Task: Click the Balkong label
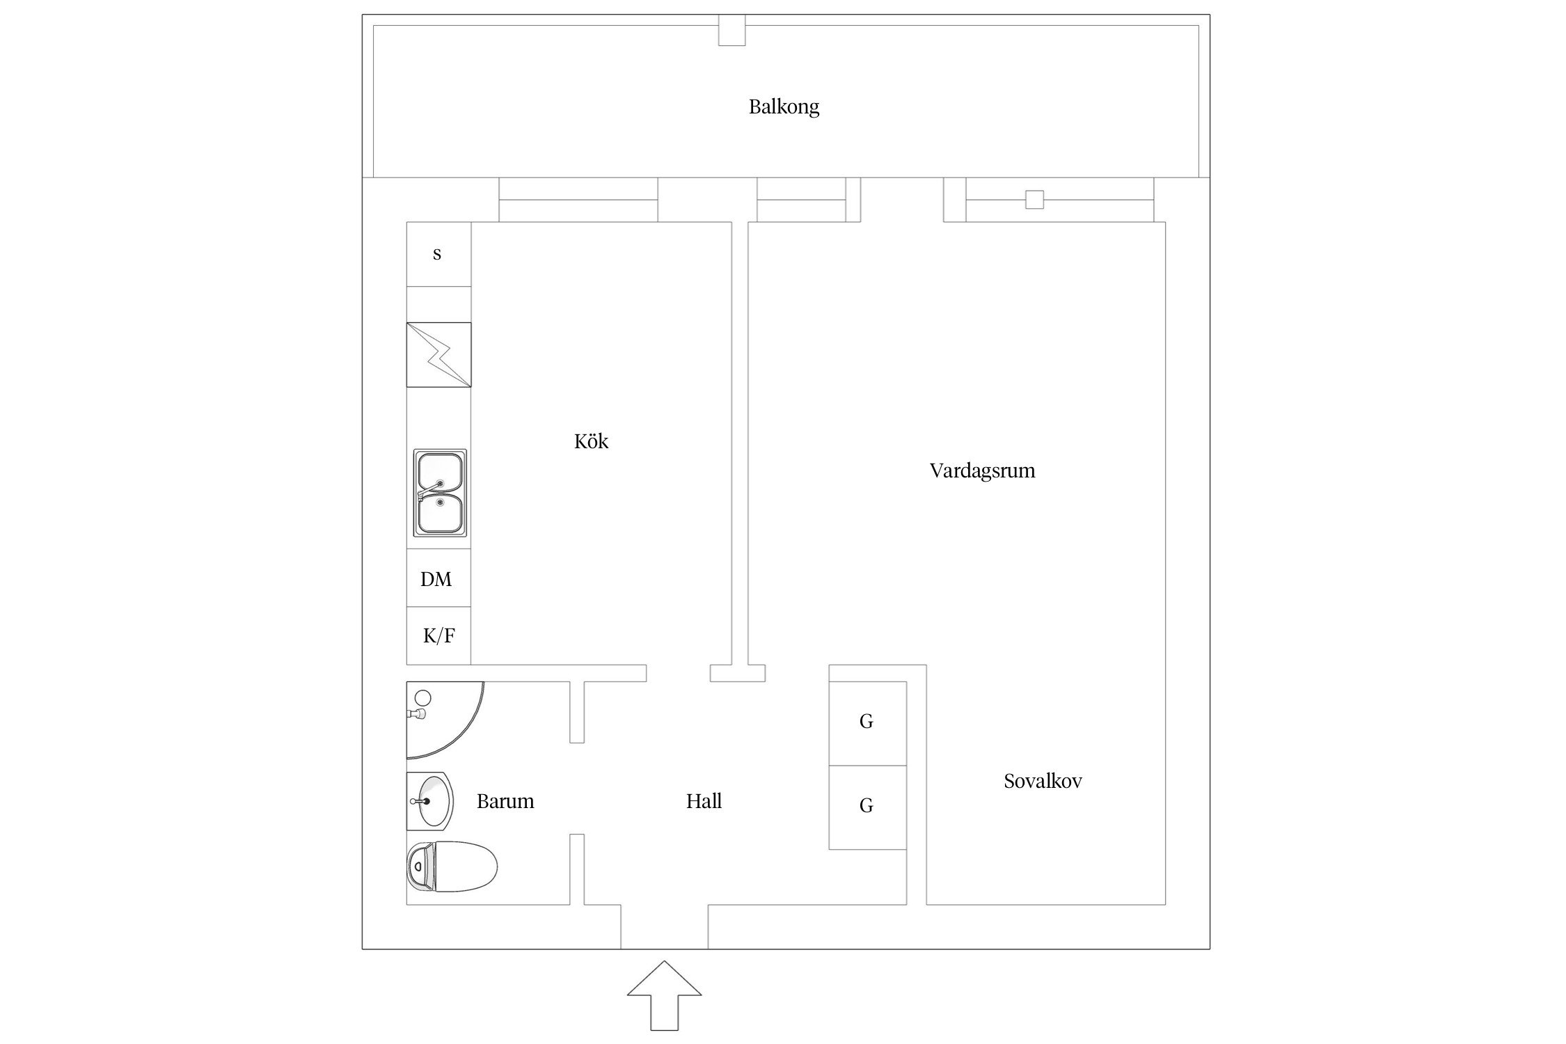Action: coord(784,106)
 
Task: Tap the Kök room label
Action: coord(591,441)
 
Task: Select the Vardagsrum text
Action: coord(982,470)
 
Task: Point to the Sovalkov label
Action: coord(1043,781)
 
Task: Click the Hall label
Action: coord(704,801)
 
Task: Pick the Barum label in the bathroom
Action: coord(505,801)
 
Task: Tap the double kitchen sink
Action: coord(439,493)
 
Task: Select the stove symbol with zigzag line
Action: coord(438,354)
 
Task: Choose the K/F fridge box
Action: coord(438,635)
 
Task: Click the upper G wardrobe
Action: coord(867,722)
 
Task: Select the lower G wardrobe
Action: coord(867,807)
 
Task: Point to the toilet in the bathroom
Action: coord(452,867)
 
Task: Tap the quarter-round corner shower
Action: coord(438,717)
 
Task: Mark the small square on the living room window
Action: coord(1034,200)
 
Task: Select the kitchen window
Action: coord(578,200)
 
